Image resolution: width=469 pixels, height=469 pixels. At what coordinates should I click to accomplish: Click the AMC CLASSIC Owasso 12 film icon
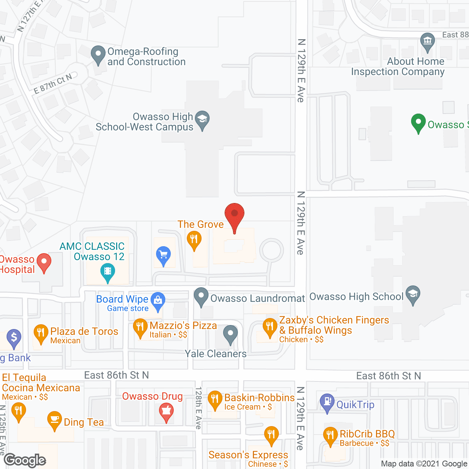(107, 272)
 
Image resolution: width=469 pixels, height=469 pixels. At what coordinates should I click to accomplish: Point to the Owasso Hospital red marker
(44, 262)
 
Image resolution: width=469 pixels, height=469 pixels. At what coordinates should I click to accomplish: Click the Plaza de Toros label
(84, 332)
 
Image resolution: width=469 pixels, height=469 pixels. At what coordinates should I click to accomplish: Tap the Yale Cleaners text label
(215, 354)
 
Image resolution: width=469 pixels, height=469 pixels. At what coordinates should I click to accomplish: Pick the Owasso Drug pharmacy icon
(166, 411)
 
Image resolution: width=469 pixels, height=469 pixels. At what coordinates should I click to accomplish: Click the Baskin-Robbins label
(259, 398)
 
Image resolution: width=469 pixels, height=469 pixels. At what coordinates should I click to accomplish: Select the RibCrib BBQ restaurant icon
(330, 436)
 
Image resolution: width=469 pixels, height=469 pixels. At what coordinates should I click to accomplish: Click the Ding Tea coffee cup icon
(54, 420)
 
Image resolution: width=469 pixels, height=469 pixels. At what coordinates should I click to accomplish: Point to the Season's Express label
(248, 455)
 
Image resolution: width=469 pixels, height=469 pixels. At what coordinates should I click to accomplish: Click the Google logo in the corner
(25, 460)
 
